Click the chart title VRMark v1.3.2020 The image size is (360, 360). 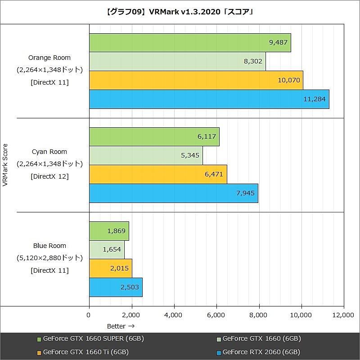click(180, 12)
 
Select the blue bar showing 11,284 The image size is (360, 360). click(209, 99)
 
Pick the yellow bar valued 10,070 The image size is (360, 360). click(196, 80)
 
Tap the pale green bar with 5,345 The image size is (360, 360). click(146, 155)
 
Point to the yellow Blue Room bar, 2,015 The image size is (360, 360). click(110, 268)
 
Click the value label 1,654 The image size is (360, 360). click(112, 249)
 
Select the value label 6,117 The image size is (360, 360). click(207, 136)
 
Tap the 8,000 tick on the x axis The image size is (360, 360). click(259, 315)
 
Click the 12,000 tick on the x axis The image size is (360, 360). click(344, 315)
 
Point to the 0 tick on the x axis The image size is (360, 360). click(89, 315)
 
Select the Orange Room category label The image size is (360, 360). click(49, 58)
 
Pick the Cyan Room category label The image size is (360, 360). click(49, 152)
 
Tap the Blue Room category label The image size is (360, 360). click(49, 246)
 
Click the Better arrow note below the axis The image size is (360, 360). click(121, 326)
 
